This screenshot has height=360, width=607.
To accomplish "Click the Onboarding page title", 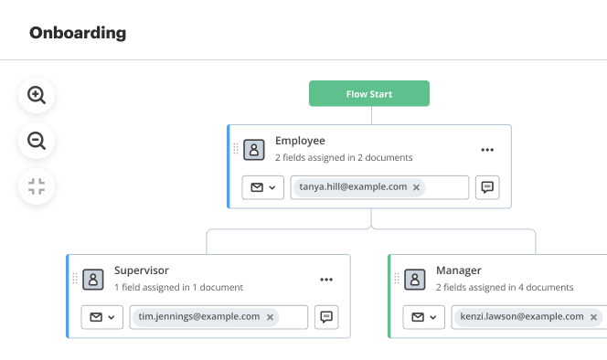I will (78, 34).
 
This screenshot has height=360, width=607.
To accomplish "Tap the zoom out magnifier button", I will (37, 141).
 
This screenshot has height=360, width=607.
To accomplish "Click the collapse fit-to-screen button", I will (37, 187).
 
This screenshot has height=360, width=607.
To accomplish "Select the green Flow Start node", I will (368, 94).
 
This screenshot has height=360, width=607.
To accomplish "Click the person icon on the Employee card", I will (254, 149).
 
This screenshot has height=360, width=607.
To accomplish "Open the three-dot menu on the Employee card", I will (487, 150).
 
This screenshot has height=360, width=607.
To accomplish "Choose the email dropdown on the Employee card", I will (263, 187).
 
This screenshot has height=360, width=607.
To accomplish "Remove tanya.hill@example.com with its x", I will (417, 187).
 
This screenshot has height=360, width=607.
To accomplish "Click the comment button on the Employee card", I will (487, 187).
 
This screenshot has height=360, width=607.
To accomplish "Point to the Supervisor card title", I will (142, 270).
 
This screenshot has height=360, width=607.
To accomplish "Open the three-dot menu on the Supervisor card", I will (326, 280).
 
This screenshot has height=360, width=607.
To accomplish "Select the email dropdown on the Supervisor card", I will (102, 317).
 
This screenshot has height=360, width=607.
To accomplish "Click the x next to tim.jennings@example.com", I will (270, 317).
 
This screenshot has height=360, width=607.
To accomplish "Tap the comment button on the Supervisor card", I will (326, 317).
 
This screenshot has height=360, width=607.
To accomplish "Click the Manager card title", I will (459, 270).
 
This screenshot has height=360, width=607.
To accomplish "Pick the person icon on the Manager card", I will (415, 279).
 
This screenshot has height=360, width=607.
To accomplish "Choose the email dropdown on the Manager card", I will (424, 317).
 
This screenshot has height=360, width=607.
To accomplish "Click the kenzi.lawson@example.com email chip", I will (518, 317).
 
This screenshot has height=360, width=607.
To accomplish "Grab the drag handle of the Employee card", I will (236, 149).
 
